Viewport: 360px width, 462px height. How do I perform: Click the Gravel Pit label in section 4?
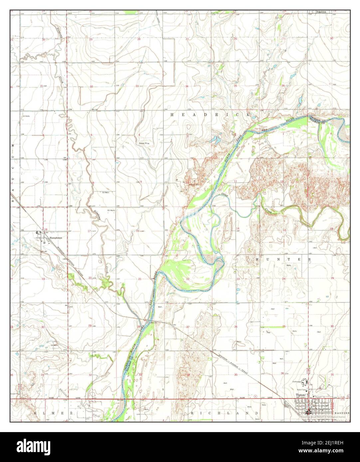click(x=144, y=143)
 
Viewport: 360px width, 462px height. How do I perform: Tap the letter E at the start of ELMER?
click(x=35, y=413)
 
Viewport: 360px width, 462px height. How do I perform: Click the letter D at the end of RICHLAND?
click(x=257, y=413)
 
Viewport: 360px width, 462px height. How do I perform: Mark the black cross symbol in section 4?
click(x=123, y=146)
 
